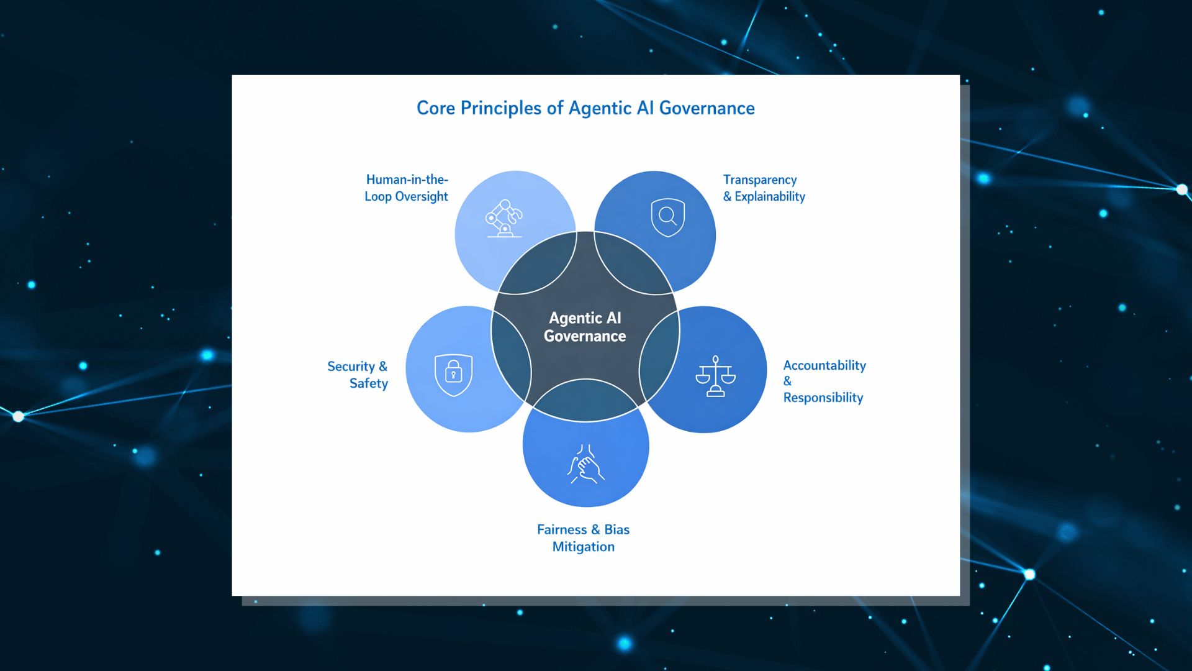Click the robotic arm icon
click(x=503, y=218)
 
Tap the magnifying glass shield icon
click(x=668, y=217)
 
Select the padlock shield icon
click(x=454, y=375)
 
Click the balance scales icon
click(x=715, y=377)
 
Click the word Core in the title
click(x=436, y=108)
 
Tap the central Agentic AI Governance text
click(x=585, y=327)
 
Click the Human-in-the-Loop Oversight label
click(x=407, y=188)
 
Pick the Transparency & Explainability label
click(x=764, y=188)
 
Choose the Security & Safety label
click(x=358, y=375)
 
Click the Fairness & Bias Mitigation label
click(x=584, y=538)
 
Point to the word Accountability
click(x=824, y=365)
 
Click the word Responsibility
click(x=823, y=398)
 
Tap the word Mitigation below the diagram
click(x=584, y=547)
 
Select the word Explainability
click(x=770, y=196)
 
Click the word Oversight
click(x=422, y=196)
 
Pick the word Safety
click(x=369, y=383)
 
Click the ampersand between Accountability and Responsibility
click(x=787, y=381)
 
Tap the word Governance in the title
click(x=707, y=108)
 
